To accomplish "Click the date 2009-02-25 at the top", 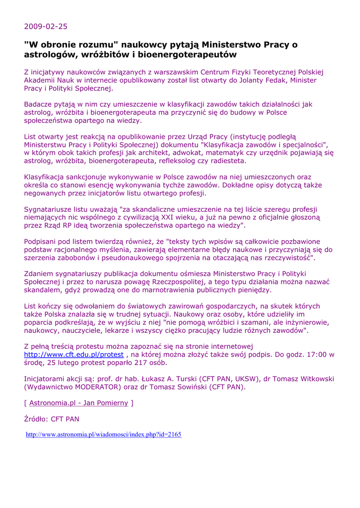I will point(46,26).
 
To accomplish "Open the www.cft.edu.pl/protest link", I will point(74,355).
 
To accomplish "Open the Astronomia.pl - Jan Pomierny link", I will point(78,403).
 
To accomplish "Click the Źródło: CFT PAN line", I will point(52,419).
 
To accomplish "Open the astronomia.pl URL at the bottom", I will point(103,435).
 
